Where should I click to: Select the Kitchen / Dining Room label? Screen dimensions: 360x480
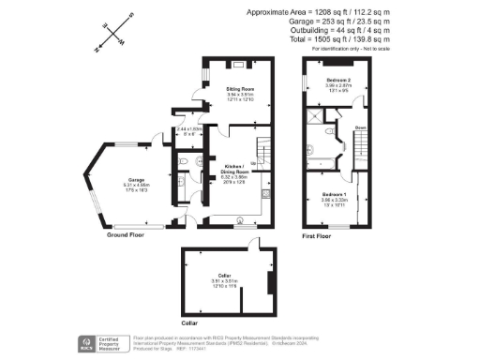(x=235, y=170)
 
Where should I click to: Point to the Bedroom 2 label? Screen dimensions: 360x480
(x=338, y=81)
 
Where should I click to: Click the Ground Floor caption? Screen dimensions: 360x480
(x=128, y=235)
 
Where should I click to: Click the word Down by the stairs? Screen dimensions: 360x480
(x=360, y=127)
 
